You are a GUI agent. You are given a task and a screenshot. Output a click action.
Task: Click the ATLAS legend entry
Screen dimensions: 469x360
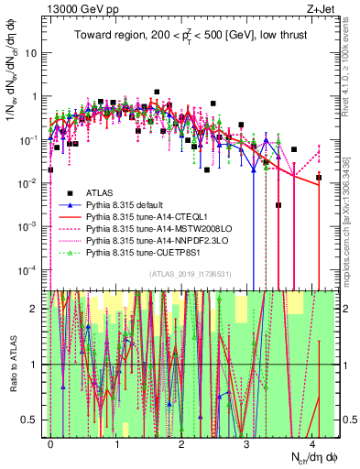tap(100, 192)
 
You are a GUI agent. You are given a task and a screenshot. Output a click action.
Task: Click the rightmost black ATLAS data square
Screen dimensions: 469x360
tap(319, 177)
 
